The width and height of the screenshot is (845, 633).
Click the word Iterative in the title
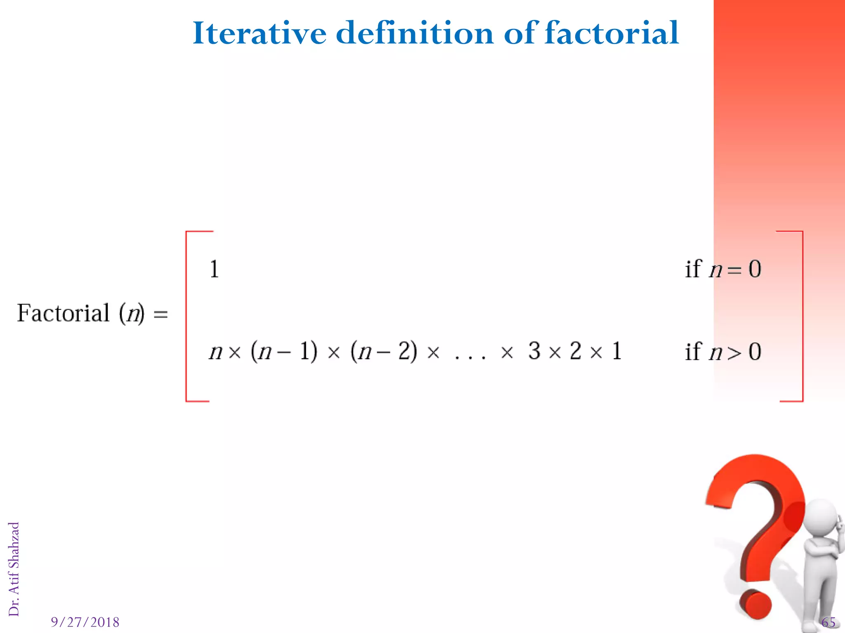pos(259,33)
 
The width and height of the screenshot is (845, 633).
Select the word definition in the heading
pos(414,33)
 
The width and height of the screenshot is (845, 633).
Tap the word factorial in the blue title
pos(611,33)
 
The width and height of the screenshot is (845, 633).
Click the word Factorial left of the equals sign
pos(63,313)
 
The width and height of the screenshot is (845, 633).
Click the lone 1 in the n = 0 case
pos(215,270)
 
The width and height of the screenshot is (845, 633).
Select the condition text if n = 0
pos(723,270)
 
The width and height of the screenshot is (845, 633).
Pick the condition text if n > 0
pos(723,352)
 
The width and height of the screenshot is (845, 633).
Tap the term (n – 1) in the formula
pos(284,352)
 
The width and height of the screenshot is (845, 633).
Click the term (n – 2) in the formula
pos(383,352)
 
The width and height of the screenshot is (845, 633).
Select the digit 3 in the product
pos(534,351)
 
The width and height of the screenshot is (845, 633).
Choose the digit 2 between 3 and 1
pos(576,351)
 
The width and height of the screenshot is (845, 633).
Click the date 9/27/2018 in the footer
pos(85,622)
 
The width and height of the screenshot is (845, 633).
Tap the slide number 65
pos(828,622)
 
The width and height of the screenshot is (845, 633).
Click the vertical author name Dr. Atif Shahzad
pos(14,569)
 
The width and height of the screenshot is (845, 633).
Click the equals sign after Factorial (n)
pos(161,314)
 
